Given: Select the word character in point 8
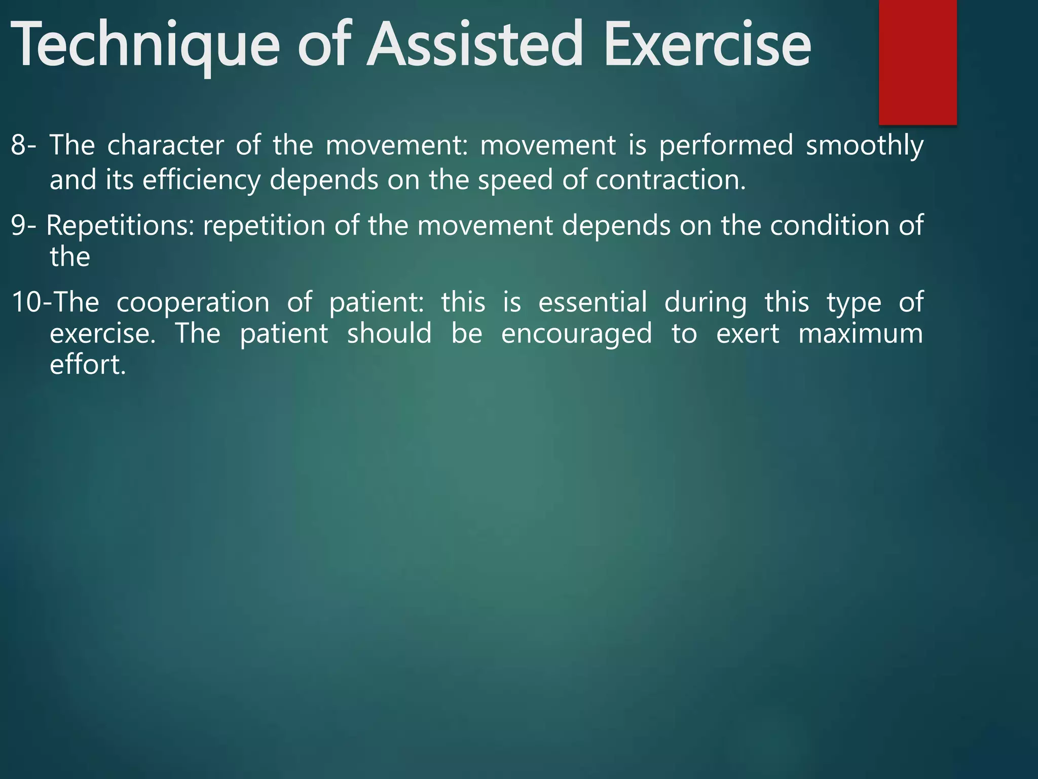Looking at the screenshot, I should (165, 145).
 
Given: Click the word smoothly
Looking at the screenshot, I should (865, 146).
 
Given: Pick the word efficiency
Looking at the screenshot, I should (201, 181).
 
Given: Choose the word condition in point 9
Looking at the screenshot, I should (829, 225).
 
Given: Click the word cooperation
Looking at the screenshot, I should (193, 303).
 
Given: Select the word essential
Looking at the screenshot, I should (592, 302).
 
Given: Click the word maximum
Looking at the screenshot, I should (860, 334).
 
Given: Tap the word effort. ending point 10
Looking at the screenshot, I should (88, 365).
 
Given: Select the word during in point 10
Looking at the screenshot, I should (705, 303).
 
